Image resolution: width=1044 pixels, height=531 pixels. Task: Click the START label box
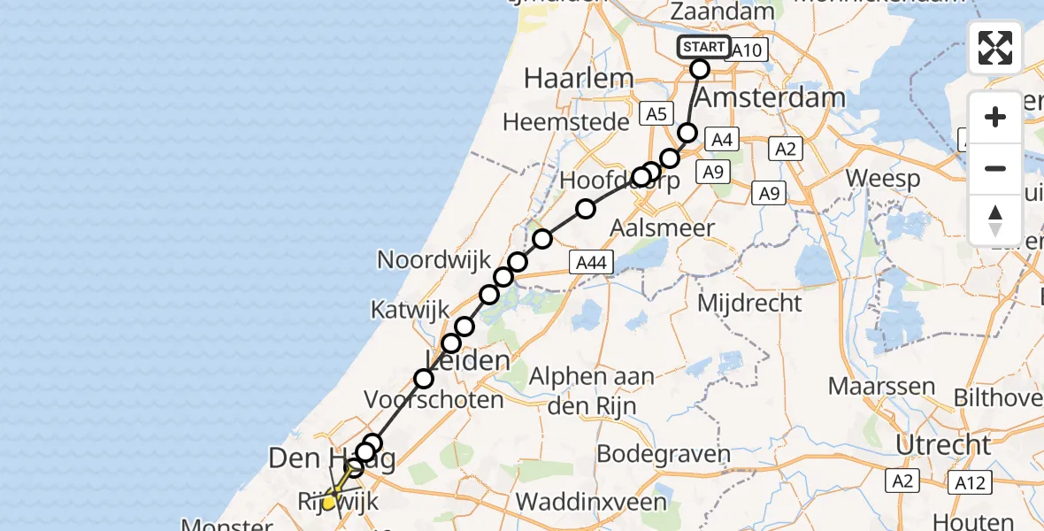(x=704, y=47)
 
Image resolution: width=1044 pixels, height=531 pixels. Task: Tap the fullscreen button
(x=995, y=48)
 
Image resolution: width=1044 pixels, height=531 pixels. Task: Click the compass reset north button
(x=995, y=219)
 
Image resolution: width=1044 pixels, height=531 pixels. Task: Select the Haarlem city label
(x=579, y=78)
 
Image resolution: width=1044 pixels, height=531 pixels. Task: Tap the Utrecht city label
(x=943, y=443)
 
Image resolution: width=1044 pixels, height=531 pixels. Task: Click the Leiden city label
(x=469, y=359)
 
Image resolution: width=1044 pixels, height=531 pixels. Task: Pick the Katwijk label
(x=405, y=310)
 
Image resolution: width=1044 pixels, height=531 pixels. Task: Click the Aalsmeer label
(x=663, y=227)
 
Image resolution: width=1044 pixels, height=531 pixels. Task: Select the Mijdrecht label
(x=749, y=303)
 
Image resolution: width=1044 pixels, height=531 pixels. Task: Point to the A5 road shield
(x=656, y=113)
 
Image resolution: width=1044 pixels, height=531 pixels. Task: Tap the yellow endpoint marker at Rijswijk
(x=329, y=503)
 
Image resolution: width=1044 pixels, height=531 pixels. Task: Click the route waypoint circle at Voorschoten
(x=424, y=379)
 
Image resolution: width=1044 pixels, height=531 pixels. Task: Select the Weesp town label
(x=882, y=177)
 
